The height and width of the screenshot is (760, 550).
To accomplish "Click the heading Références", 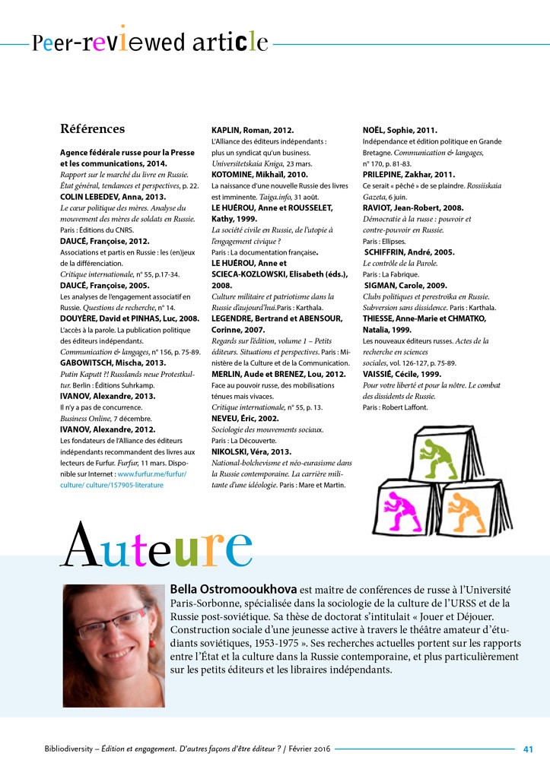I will (92, 128).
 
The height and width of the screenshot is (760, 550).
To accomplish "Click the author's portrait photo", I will (113, 645).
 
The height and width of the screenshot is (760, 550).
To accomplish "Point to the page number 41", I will (528, 748).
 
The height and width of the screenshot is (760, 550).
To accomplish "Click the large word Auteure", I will (155, 546).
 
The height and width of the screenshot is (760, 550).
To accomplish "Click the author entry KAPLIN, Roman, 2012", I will (252, 131).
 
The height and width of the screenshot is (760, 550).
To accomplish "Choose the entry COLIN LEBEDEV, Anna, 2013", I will (112, 197).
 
